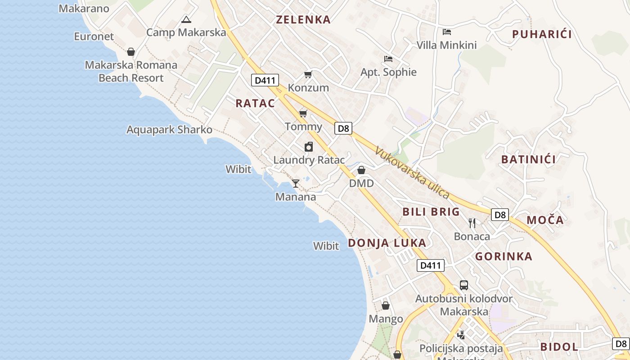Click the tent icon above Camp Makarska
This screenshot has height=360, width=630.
186,19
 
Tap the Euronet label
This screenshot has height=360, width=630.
94,36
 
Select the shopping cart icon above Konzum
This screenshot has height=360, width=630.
308,74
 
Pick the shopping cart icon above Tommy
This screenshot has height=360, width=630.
303,113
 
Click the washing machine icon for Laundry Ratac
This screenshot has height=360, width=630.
309,147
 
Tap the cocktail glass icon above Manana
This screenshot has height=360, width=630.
296,183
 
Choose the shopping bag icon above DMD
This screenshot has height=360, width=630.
361,170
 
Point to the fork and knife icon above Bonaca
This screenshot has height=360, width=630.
472,223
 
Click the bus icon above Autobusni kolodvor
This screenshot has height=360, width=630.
463,285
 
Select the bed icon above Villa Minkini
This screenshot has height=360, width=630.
446,32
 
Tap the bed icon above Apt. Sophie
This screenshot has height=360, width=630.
388,59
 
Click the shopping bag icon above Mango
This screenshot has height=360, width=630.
386,306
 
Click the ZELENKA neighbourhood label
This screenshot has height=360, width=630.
303,19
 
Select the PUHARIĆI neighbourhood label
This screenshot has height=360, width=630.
542,34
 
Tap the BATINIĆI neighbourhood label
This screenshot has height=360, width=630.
528,159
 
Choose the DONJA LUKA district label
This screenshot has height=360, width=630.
387,243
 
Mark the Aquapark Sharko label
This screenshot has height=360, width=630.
169,130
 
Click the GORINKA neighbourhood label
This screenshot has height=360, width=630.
504,256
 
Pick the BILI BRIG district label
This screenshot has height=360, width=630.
431,211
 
